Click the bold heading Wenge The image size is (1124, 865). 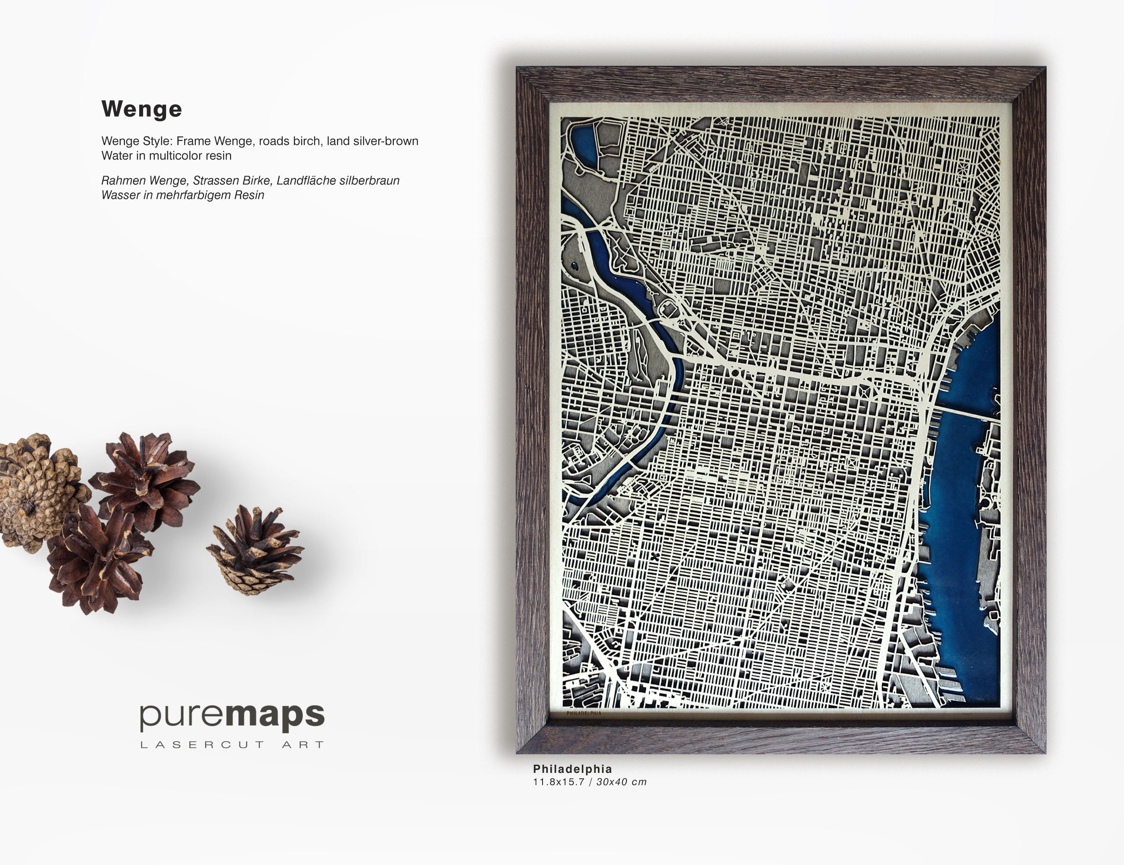(141, 109)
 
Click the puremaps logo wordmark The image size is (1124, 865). (232, 716)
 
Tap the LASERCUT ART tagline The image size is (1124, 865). (232, 744)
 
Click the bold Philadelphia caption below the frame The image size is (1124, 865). (572, 769)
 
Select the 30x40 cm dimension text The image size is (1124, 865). (621, 782)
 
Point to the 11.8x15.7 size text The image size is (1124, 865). (559, 782)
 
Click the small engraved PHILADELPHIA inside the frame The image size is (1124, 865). (584, 714)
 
